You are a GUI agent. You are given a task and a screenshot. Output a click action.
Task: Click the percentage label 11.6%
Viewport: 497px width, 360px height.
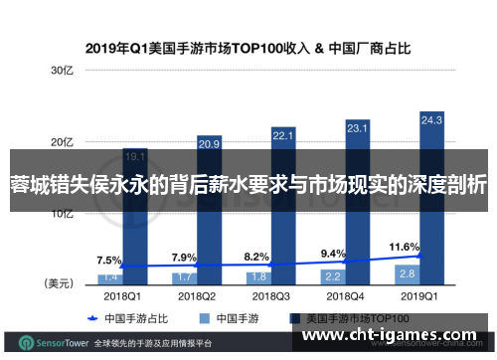tap(405, 217)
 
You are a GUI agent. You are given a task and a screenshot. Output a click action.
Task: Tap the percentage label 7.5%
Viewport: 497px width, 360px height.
tap(109, 233)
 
